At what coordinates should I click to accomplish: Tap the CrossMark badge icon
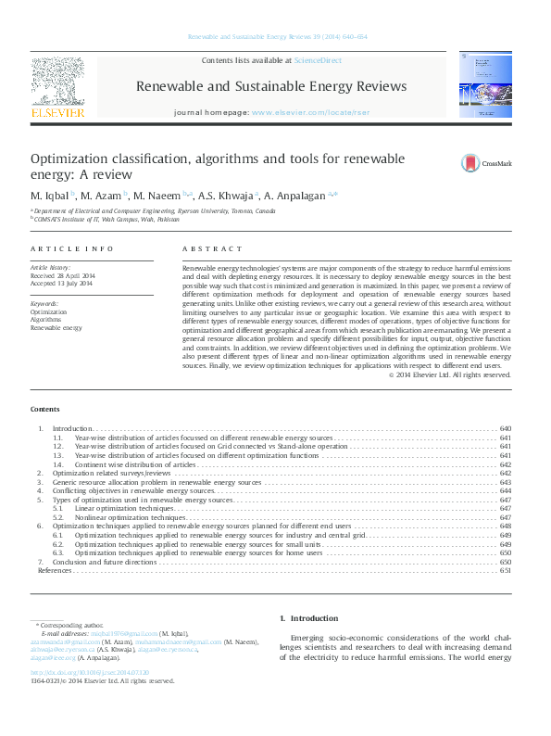470,164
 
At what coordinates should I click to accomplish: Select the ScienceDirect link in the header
318,60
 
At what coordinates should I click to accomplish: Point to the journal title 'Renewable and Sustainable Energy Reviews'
271,86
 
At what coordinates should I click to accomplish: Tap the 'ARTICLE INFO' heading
72,248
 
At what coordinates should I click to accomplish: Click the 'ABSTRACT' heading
206,248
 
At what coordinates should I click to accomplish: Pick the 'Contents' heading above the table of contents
44,409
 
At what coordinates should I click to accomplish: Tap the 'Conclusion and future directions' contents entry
104,562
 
